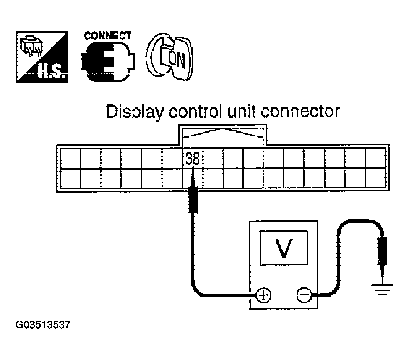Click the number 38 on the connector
click(x=193, y=159)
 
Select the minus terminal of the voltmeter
click(x=302, y=295)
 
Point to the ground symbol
click(x=382, y=289)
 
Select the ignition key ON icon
click(x=169, y=58)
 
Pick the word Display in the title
click(x=133, y=113)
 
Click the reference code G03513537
click(x=42, y=325)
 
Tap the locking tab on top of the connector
click(x=223, y=135)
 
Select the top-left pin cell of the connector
click(x=70, y=158)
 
